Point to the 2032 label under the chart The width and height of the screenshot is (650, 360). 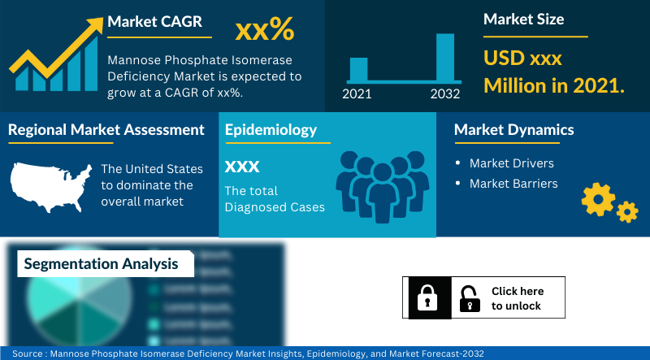[445, 93]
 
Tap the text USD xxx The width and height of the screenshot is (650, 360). [522, 59]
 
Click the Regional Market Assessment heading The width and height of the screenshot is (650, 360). [106, 129]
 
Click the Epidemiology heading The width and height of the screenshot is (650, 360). [271, 129]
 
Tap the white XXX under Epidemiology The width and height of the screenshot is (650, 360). [242, 167]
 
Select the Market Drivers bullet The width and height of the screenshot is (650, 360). [511, 163]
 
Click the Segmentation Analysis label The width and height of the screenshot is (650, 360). [101, 263]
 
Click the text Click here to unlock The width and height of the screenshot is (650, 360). [517, 298]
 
